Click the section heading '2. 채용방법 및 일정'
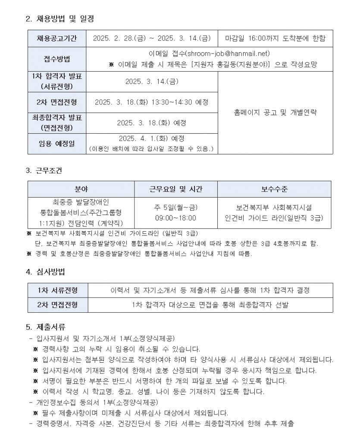click(60, 19)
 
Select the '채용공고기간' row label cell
click(57, 38)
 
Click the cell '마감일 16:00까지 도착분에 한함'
click(275, 38)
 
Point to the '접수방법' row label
click(57, 59)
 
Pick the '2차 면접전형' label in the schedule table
click(57, 102)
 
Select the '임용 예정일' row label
click(57, 144)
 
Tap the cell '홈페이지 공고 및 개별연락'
click(275, 113)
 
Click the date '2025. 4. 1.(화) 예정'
click(151, 139)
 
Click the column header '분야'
click(81, 189)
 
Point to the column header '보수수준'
click(274, 189)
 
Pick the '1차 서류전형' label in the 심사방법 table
click(58, 290)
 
